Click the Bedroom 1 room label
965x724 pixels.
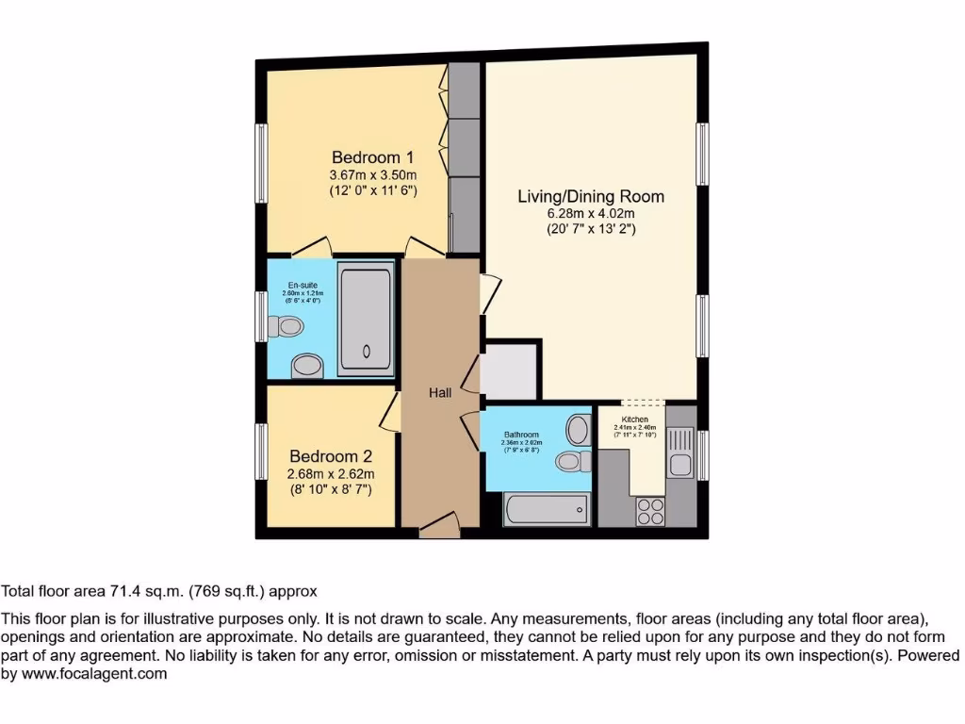tap(372, 156)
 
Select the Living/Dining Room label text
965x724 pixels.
tap(591, 196)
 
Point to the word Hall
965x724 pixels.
tap(440, 392)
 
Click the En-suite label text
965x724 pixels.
tap(303, 285)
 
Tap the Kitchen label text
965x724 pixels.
tap(634, 419)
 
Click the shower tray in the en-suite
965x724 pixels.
tap(365, 317)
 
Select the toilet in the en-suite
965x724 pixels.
tap(286, 327)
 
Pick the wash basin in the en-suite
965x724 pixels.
tap(306, 365)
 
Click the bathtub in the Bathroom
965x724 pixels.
tap(548, 510)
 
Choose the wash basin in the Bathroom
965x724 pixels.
tap(578, 430)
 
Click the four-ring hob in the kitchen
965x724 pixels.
tap(649, 511)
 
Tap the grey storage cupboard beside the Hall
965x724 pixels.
tap(510, 371)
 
